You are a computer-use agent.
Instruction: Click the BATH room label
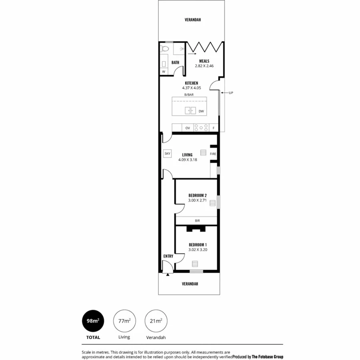[175, 62]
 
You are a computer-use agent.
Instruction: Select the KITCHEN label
[191, 83]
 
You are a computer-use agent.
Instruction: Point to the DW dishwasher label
[201, 111]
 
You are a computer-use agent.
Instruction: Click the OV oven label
[188, 128]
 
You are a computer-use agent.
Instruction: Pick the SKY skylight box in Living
[167, 153]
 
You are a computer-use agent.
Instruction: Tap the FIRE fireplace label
[213, 154]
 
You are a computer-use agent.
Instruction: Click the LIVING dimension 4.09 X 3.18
[188, 160]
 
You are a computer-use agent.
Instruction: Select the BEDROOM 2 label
[197, 195]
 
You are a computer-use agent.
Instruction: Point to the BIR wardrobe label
[197, 220]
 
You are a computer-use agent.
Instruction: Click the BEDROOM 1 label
[198, 244]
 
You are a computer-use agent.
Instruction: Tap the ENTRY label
[168, 256]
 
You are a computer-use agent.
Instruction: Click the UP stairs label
[231, 93]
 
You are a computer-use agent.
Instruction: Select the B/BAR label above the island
[189, 94]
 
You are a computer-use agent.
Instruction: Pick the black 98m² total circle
[93, 321]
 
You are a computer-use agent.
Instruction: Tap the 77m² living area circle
[124, 321]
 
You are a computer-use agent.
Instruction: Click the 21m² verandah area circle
[156, 321]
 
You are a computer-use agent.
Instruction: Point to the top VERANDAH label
[192, 19]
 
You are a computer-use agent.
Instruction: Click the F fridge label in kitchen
[214, 128]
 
